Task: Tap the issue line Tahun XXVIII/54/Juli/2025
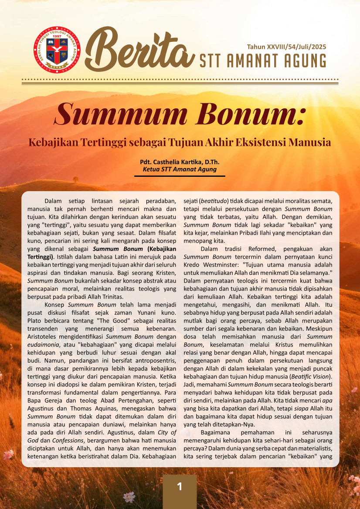click(286, 47)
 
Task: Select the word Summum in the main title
click(117, 114)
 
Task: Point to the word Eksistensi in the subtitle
click(264, 142)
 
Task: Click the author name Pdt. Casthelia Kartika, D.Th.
click(180, 162)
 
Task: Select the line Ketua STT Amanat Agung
click(180, 169)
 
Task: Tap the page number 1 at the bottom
click(180, 486)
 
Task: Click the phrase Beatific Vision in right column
click(312, 376)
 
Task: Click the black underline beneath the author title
click(180, 176)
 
